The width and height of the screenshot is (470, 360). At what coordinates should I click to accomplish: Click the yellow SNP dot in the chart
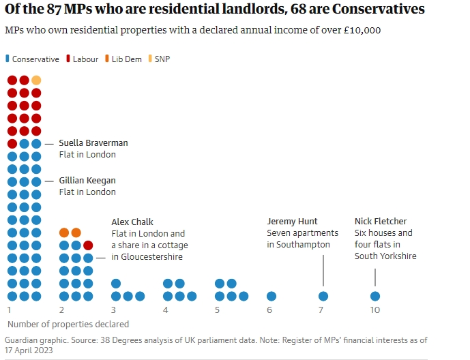[36, 80]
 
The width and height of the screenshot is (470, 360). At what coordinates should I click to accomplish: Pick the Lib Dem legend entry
[123, 59]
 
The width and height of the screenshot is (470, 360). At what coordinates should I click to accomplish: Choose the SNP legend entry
[159, 59]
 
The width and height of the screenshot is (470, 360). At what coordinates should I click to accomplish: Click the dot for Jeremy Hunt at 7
[323, 296]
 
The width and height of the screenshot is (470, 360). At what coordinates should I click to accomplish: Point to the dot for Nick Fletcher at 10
[375, 296]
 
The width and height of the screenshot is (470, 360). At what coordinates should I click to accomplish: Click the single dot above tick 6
[271, 296]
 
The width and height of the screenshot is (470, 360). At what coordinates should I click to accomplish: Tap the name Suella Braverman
[93, 143]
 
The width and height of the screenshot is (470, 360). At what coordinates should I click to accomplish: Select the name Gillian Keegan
[87, 181]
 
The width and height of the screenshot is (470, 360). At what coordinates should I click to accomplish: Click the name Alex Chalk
[132, 222]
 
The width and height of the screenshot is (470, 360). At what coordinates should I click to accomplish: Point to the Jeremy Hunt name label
[292, 222]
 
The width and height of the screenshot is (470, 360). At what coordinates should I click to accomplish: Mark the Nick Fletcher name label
[381, 222]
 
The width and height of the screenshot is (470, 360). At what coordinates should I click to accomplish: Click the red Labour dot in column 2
[88, 245]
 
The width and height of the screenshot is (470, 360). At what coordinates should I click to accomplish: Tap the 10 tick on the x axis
[375, 310]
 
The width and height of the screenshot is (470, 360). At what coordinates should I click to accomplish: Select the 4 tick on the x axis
[165, 310]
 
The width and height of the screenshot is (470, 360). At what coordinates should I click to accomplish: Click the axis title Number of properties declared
[68, 324]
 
